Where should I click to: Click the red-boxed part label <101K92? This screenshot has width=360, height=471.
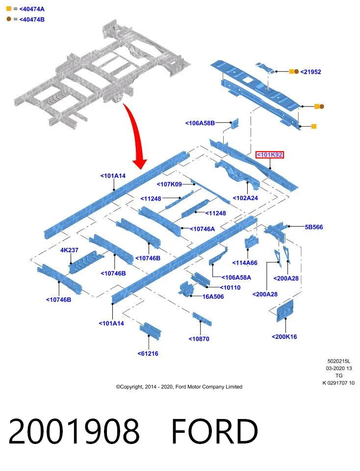tap(269, 155)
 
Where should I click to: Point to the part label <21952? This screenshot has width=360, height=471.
tap(310, 72)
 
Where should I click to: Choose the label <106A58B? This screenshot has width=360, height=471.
tap(200, 123)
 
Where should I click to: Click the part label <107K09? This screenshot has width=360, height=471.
tap(169, 184)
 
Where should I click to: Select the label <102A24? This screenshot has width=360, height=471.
tap(245, 198)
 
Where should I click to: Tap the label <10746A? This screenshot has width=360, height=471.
tap(203, 229)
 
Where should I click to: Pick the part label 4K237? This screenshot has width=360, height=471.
tap(69, 250)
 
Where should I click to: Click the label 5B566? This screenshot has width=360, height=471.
tap(314, 227)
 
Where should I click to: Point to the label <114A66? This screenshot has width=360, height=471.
tap(245, 263)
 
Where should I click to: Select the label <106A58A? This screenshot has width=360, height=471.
tap(236, 278)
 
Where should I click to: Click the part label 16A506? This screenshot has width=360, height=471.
tap(213, 296)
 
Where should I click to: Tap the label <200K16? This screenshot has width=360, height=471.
tap(284, 337)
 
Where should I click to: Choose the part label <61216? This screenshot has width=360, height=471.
tap(148, 354)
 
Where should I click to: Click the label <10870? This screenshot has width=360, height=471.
tap(199, 339)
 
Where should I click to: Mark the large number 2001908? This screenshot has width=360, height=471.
tap(74, 431)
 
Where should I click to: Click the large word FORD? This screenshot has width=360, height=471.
tap(215, 431)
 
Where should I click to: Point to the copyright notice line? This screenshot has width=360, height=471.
tap(179, 387)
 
